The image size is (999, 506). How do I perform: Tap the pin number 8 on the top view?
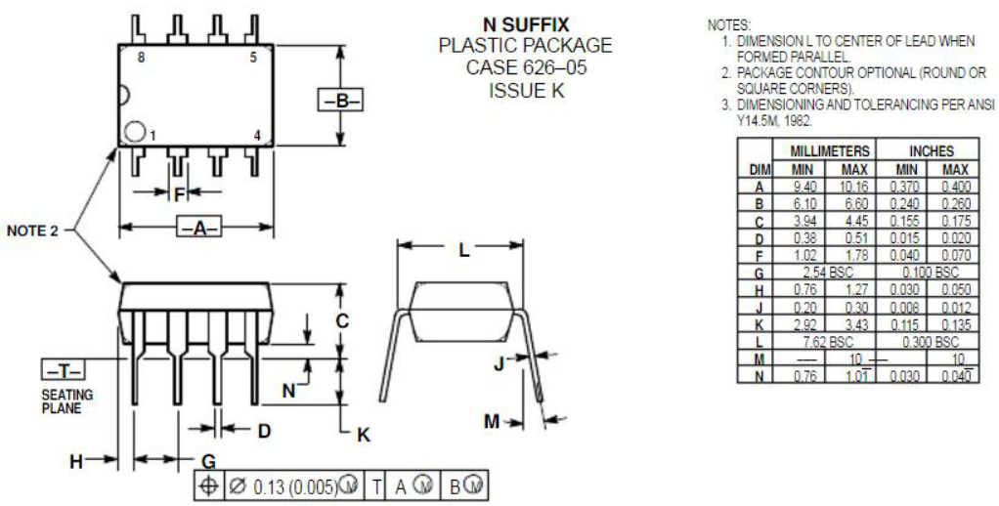coord(141,59)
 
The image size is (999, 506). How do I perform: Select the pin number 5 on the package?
coord(252,59)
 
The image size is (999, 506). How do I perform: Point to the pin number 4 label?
coord(257,136)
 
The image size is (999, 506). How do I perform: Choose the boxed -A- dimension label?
coord(197,229)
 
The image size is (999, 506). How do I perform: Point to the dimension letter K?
coord(363,436)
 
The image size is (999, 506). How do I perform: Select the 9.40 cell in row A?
coord(804,186)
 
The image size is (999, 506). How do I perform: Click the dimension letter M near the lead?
coord(492,421)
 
